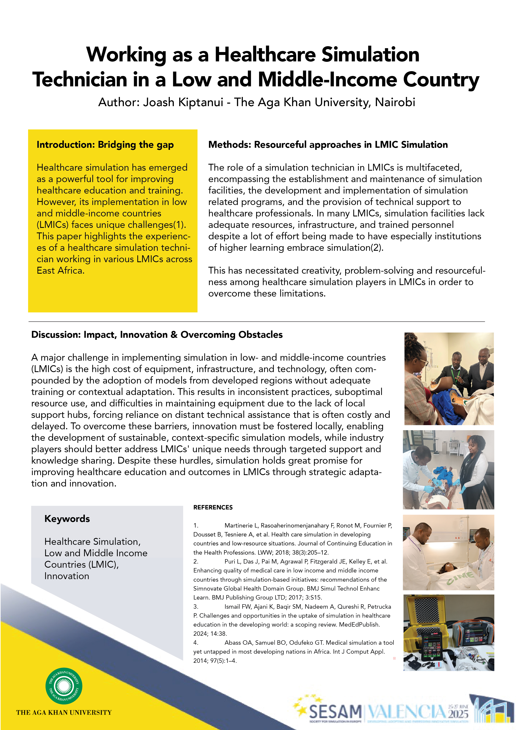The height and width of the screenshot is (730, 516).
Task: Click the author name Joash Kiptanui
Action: click(x=183, y=102)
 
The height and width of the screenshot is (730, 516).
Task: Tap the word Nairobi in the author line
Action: click(x=395, y=102)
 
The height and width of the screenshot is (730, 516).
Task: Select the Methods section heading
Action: click(x=328, y=145)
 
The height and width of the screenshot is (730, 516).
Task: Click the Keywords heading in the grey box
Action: click(x=67, y=519)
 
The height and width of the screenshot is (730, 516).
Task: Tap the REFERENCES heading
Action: click(x=213, y=507)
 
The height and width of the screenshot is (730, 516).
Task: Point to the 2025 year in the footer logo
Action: click(x=458, y=714)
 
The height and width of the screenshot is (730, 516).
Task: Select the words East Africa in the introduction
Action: click(x=60, y=271)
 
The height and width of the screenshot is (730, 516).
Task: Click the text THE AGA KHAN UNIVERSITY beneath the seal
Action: click(x=64, y=713)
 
